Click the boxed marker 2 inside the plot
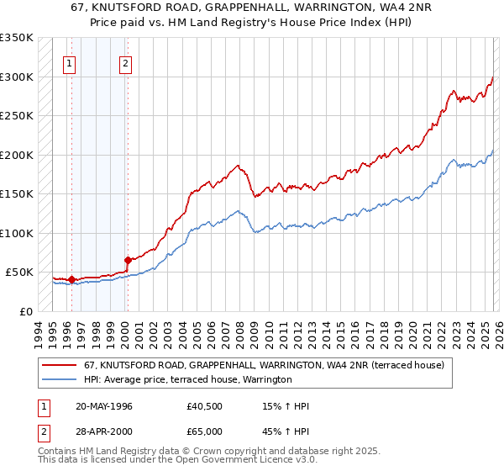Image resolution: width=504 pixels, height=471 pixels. [125, 61]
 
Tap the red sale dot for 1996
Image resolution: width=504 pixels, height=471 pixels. [71, 279]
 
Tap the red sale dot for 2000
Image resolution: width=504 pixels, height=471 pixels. [128, 261]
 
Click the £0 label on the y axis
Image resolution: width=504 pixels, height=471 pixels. [26, 311]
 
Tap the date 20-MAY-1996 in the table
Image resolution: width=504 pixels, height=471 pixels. [104, 406]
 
